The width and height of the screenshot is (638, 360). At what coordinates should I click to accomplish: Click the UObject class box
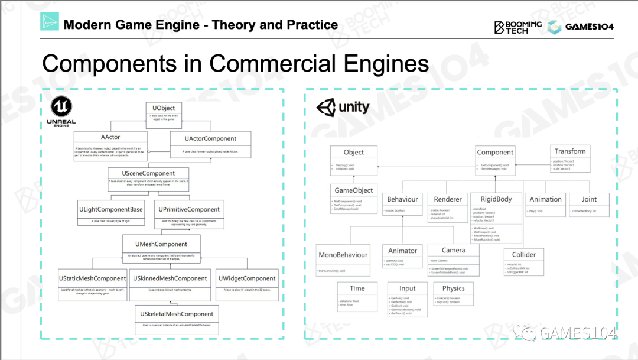point(163,112)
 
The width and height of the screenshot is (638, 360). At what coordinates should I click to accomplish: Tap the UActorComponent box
point(210,144)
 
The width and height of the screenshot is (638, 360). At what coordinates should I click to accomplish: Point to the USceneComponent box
point(149,179)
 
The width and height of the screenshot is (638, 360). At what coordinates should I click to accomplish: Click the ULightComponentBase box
point(110,213)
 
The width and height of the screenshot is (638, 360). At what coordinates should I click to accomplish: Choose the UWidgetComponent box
point(247,283)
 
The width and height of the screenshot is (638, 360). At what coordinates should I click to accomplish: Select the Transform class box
point(570,158)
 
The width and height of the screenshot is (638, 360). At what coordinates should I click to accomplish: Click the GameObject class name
point(354,190)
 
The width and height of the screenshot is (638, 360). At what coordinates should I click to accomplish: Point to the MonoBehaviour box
point(343,260)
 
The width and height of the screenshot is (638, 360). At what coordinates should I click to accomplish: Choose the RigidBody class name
point(496,199)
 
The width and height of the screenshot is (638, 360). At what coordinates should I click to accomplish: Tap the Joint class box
point(589,204)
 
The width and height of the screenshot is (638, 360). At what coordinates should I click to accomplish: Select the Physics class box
point(453,294)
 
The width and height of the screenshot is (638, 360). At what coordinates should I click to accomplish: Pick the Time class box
point(357,294)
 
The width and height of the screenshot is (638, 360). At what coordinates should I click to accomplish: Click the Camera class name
point(453,250)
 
